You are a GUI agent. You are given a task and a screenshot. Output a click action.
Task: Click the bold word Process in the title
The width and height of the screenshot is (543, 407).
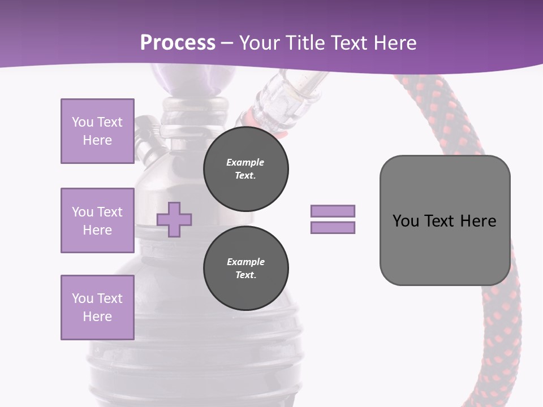coord(178,42)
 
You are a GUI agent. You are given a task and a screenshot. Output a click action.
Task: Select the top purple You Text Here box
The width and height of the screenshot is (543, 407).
coord(97,131)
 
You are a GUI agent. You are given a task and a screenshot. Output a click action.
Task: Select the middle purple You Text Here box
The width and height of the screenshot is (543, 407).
coord(97,220)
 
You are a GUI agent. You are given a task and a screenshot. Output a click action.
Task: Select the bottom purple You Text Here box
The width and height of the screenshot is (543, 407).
coord(97,308)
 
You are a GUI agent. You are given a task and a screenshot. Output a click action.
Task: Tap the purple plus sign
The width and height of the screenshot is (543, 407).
coord(174,219)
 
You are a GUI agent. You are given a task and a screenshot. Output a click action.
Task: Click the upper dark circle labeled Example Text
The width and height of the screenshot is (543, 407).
coord(246,169)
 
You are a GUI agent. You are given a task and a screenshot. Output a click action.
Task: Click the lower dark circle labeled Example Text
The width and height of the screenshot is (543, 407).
coord(246,268)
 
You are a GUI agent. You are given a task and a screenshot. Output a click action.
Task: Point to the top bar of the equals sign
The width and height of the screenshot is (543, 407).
coord(333,211)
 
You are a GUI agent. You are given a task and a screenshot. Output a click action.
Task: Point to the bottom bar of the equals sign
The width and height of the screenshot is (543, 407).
coord(333,227)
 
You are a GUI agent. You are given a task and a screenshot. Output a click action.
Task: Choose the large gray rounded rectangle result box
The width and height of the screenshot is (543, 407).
coord(445,249)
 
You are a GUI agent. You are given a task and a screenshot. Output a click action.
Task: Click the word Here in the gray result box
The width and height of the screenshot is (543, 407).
coord(478,221)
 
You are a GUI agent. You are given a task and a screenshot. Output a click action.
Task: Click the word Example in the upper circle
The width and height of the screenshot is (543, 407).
coord(245,162)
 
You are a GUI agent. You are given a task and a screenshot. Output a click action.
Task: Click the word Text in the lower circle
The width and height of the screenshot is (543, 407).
coord(245,275)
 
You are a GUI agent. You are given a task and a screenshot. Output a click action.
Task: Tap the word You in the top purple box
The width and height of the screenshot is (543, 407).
coord(82,122)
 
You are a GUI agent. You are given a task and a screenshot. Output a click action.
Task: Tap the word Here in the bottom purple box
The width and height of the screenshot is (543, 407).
coord(97,317)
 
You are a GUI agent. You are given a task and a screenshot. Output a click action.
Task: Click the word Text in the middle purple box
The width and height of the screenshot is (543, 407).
coord(110,212)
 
